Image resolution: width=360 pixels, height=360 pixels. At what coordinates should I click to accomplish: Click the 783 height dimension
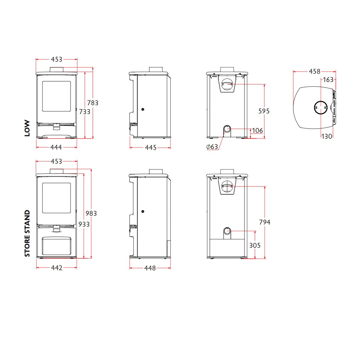click(93, 103)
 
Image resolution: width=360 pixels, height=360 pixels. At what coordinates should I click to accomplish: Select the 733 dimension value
click(85, 112)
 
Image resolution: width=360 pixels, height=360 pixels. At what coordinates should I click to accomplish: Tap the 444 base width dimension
click(56, 147)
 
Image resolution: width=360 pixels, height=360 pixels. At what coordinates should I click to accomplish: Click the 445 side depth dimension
click(150, 147)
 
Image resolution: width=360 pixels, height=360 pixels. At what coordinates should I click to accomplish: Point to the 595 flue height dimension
click(264, 111)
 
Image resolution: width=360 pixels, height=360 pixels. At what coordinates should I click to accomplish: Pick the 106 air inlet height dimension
click(257, 131)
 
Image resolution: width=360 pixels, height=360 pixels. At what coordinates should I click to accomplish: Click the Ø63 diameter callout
click(212, 147)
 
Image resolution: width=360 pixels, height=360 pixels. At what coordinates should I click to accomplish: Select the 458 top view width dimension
click(314, 72)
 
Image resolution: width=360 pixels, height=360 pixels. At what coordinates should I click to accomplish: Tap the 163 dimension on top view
click(328, 80)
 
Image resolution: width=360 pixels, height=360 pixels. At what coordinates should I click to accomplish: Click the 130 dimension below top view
click(327, 136)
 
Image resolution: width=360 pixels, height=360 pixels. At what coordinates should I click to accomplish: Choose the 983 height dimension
click(91, 213)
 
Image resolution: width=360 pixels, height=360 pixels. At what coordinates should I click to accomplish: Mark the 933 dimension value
click(84, 224)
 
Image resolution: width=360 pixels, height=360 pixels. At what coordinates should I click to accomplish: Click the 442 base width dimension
click(56, 268)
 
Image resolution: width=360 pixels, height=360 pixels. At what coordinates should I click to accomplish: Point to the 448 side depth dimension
click(150, 268)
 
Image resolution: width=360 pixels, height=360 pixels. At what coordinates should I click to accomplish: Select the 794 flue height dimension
click(264, 222)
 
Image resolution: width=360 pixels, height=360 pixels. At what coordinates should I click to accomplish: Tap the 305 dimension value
click(255, 245)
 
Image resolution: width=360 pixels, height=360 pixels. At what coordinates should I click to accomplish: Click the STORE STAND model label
click(27, 234)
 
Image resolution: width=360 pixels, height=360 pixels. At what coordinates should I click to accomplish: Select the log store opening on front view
click(57, 246)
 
